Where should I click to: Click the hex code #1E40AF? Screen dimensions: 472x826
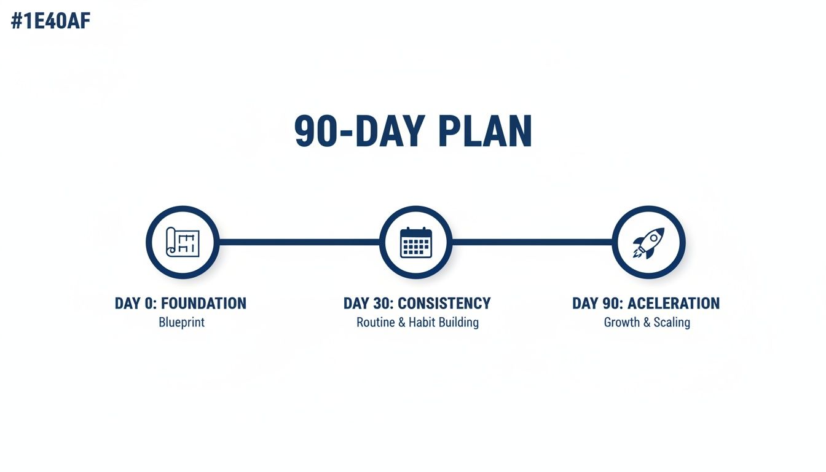(x=51, y=22)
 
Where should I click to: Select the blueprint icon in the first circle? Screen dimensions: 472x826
(x=183, y=242)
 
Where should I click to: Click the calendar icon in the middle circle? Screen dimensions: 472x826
(x=416, y=242)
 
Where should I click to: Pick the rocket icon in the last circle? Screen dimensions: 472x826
(x=649, y=242)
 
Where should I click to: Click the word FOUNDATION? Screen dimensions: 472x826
(x=203, y=304)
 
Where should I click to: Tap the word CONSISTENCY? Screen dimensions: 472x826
(x=444, y=304)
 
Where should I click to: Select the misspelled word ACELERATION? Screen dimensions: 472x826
(x=673, y=304)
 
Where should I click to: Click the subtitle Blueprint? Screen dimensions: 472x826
(x=181, y=322)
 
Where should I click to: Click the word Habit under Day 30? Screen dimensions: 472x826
(x=425, y=322)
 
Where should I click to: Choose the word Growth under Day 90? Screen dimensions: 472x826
(x=622, y=322)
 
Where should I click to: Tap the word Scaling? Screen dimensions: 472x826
(x=672, y=322)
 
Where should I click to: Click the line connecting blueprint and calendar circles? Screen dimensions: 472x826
(x=299, y=242)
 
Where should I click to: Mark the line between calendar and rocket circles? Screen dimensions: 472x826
(x=532, y=242)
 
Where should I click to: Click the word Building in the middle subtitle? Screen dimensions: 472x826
(x=460, y=322)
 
